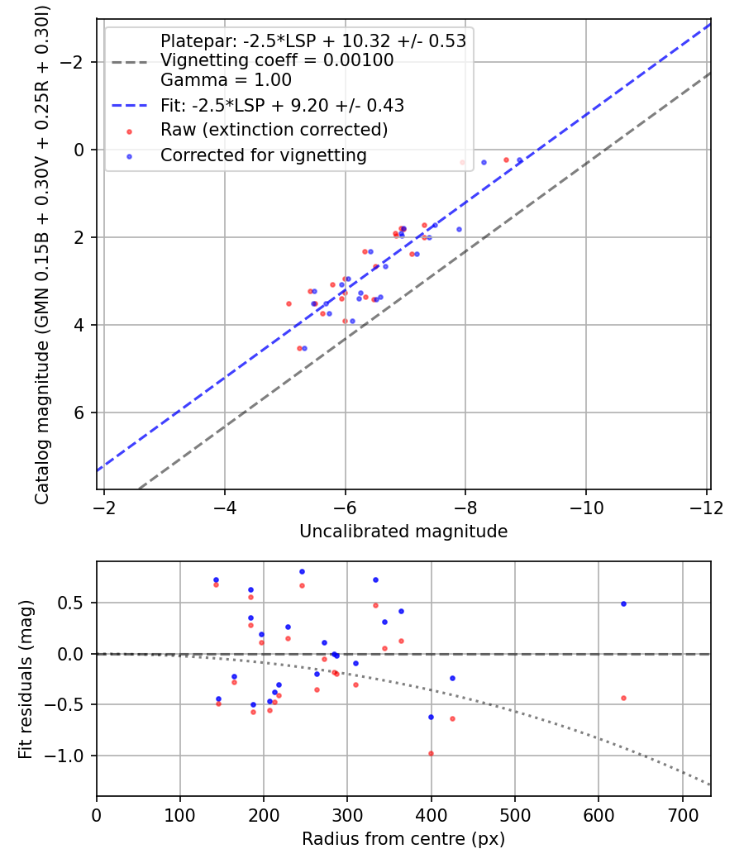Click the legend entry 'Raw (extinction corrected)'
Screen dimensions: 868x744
tap(274, 130)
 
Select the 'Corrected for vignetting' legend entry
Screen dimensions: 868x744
tap(263, 155)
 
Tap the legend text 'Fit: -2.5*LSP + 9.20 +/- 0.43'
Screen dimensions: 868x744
tap(282, 105)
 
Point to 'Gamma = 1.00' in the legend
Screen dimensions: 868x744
tap(226, 81)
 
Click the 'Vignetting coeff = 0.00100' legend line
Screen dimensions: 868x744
tap(277, 60)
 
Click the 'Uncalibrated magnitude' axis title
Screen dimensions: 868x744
tap(403, 532)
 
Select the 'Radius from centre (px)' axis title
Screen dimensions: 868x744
tap(403, 839)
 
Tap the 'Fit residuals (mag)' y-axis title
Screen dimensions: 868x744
tap(26, 679)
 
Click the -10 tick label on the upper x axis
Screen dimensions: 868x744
tap(585, 507)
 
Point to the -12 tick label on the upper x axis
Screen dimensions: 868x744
tap(705, 507)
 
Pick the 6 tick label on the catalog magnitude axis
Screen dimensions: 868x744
tap(80, 413)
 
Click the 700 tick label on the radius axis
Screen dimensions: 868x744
tap(682, 814)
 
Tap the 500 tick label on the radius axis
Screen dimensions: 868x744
tap(515, 814)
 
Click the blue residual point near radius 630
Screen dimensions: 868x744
tap(623, 603)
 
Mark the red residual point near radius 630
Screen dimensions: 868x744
tap(623, 698)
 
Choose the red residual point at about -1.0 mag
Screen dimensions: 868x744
tap(431, 753)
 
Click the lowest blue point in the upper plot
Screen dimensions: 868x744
tap(304, 349)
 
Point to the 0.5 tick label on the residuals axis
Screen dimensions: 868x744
tap(74, 603)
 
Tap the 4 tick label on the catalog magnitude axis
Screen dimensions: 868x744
tap(80, 325)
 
